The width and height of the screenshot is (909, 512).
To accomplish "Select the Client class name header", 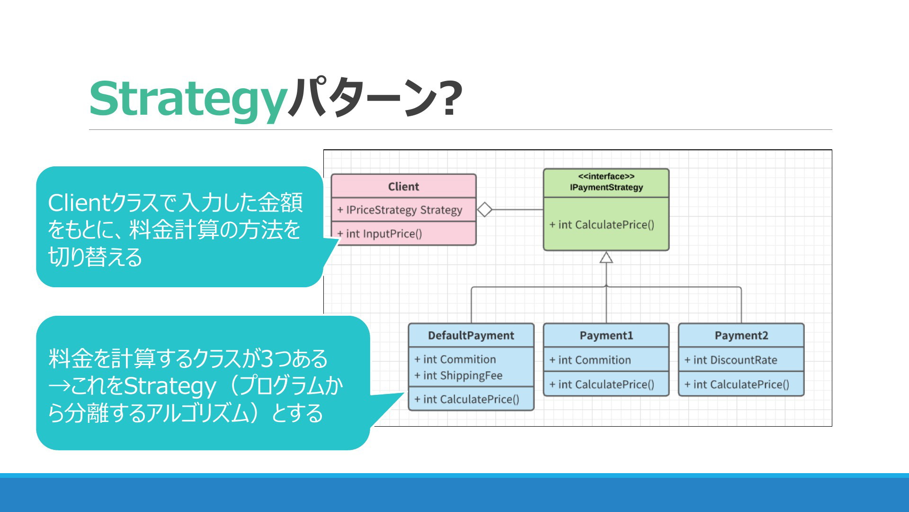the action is coord(403,187).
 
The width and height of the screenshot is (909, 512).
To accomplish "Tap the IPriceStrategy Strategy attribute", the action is coord(400,210).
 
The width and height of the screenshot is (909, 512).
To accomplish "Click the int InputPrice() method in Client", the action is coord(380,234).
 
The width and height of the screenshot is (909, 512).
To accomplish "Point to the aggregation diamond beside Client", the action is coord(484,210).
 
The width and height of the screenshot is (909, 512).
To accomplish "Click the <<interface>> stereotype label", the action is coord(606,176).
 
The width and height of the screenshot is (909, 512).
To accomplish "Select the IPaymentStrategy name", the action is coord(606,187).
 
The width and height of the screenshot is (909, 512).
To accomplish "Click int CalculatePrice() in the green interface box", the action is coord(602,225).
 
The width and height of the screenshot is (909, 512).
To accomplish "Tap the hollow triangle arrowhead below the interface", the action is coord(606,257).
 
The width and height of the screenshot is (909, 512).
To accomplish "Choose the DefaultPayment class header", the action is coord(471,336).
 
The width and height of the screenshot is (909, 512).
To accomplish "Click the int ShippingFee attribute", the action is coord(458,375).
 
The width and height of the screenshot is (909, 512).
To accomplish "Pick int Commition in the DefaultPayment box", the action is coord(455,359).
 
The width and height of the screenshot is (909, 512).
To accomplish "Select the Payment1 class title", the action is coord(606,336).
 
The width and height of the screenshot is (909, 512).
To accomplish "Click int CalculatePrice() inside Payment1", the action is coord(602,384).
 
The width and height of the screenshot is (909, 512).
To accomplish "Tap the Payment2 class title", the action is coord(741,336).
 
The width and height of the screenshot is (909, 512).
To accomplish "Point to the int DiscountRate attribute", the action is coord(731,360).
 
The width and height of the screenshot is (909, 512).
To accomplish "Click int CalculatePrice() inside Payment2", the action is coord(737,384).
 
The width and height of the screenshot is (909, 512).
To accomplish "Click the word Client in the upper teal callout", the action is coord(79,203).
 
